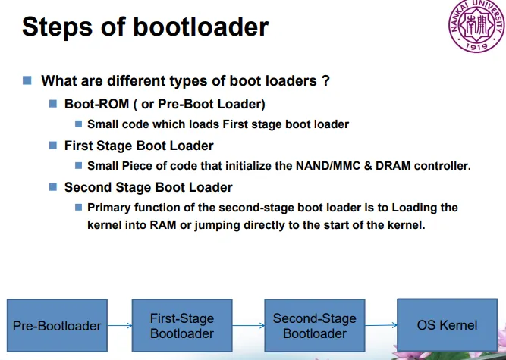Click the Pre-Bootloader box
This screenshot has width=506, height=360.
(x=57, y=325)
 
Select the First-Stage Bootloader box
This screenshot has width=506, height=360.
(x=182, y=325)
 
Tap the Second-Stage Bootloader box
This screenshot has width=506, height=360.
(x=315, y=325)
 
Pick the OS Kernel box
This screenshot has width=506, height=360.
(x=447, y=325)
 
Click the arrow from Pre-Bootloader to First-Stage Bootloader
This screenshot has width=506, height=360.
(x=120, y=325)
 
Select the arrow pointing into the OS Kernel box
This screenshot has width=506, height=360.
(x=381, y=325)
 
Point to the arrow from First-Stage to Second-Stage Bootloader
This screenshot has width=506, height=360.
(x=249, y=325)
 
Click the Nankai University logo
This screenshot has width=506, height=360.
(x=477, y=26)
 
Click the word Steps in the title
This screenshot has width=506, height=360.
(x=57, y=27)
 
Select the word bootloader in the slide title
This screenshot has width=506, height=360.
(x=201, y=26)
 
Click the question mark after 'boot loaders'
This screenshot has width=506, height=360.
(x=325, y=80)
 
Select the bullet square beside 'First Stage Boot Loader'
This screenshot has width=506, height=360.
(x=53, y=145)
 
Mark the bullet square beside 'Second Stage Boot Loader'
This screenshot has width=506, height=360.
(x=53, y=186)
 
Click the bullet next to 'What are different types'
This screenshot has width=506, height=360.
(x=27, y=80)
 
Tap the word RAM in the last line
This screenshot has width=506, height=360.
(x=163, y=224)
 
